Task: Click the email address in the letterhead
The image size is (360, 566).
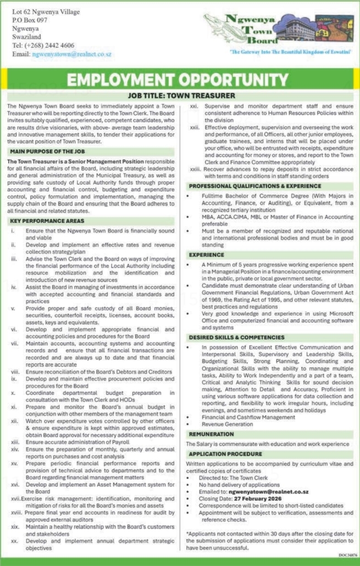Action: (x=72, y=54)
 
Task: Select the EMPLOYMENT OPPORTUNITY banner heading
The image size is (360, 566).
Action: (x=180, y=79)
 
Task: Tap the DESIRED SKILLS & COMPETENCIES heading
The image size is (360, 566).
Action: (x=237, y=337)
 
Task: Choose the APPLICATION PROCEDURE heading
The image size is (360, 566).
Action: (x=225, y=454)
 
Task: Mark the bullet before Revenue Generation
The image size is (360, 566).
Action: (x=189, y=424)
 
